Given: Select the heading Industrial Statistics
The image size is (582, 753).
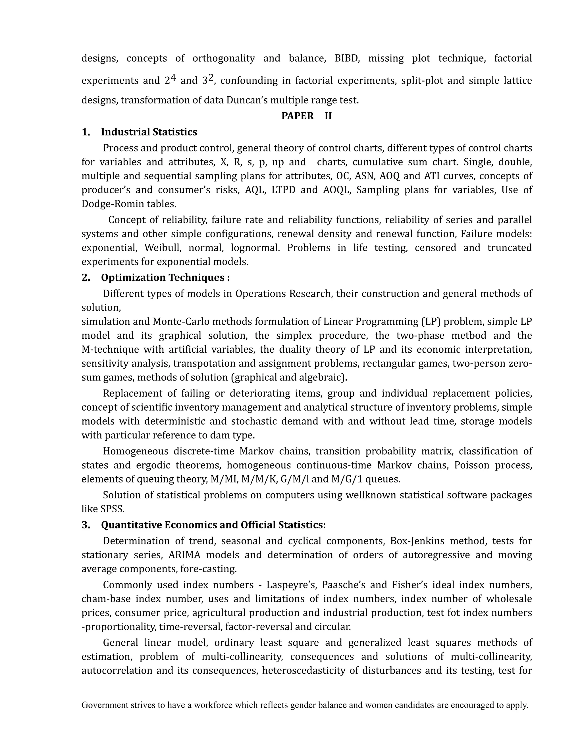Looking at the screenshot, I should coord(149,132).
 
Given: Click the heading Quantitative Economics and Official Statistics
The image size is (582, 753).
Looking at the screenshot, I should coord(213,525).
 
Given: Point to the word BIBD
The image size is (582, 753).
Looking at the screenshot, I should coord(347,58).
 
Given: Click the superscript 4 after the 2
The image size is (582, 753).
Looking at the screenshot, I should coord(173,78).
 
